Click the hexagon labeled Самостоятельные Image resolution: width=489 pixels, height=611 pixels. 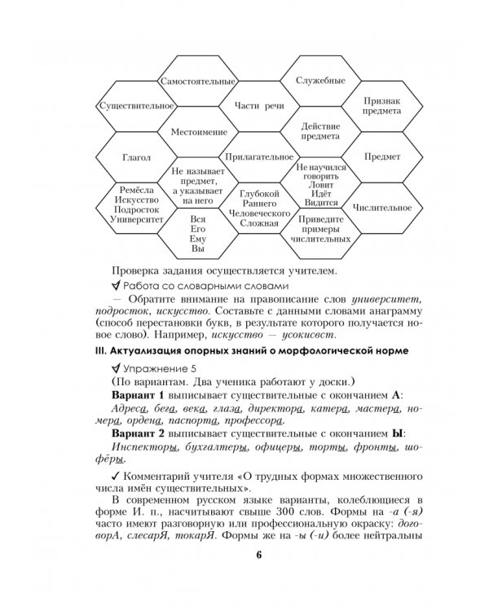(192, 82)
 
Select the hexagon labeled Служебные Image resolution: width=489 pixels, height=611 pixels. (313, 81)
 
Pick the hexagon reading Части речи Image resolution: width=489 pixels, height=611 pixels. (253, 107)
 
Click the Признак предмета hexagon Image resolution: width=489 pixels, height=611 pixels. (374, 106)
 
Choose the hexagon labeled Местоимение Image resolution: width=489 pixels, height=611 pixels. (192, 131)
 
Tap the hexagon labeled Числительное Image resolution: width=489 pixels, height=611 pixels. (374, 207)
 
